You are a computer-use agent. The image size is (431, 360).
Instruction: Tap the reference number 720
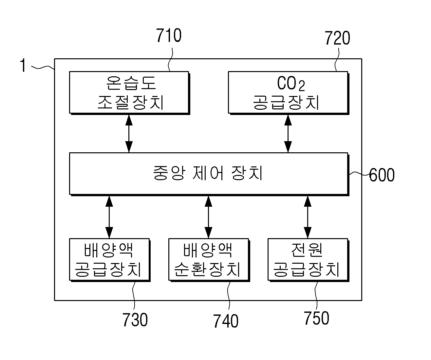(337, 38)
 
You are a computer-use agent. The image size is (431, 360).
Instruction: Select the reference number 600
(382, 175)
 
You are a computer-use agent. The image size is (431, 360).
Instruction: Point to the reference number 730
(135, 319)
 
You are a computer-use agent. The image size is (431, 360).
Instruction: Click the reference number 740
(226, 321)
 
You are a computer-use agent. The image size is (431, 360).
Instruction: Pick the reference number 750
(316, 318)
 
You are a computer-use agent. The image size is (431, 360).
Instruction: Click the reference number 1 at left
(23, 65)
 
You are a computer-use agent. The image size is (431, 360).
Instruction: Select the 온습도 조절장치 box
(129, 93)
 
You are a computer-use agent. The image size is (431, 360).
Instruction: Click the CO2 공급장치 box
(289, 93)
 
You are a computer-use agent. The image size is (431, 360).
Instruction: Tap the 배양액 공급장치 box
(110, 260)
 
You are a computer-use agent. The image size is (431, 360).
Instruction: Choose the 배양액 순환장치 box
(209, 260)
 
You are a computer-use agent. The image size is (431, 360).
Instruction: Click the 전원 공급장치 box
(309, 260)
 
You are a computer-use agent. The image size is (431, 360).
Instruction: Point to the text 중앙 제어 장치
(208, 173)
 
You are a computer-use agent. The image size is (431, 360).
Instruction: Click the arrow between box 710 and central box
(129, 134)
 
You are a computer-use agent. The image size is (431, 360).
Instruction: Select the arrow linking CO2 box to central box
(288, 134)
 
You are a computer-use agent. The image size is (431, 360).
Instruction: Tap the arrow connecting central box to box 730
(109, 217)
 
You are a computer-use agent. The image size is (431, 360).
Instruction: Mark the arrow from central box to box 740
(208, 217)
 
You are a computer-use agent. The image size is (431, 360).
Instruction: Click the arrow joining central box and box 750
(308, 217)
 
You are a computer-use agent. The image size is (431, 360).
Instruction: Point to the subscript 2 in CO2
(302, 86)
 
